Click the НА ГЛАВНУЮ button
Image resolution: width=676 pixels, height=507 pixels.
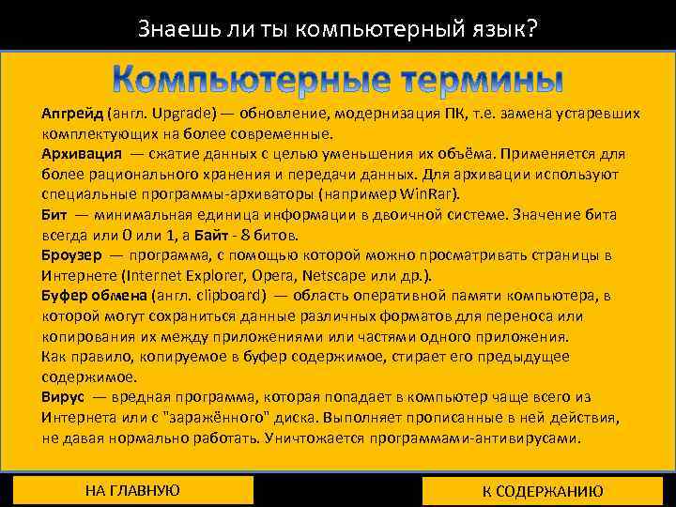pyautogui.click(x=132, y=490)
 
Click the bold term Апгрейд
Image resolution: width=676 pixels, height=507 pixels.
pyautogui.click(x=71, y=113)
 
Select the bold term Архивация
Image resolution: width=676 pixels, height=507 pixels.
pyautogui.click(x=81, y=152)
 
